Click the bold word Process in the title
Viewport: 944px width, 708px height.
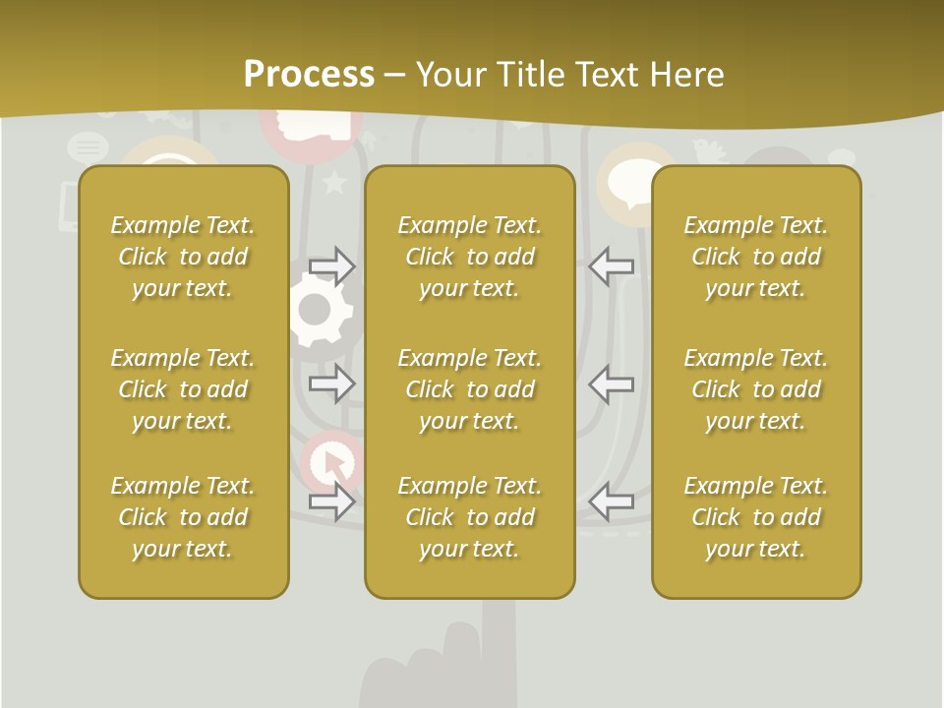pos(309,75)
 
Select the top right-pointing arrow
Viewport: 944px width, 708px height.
pos(332,266)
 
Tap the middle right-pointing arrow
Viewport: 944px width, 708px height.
pos(332,383)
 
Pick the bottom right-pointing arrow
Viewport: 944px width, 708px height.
pos(332,501)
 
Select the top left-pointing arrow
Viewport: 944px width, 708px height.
pos(611,266)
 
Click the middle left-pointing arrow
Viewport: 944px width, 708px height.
pos(611,383)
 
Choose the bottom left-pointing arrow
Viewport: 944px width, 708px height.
pos(611,501)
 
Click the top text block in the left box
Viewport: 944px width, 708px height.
pos(183,257)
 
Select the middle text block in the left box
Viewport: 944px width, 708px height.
pos(183,389)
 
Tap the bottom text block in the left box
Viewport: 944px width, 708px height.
pos(183,517)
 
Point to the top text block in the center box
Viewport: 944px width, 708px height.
pos(469,257)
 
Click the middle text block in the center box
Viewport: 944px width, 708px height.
pos(469,389)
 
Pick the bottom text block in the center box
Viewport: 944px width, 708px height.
pos(469,517)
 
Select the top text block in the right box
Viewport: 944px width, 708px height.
pos(755,257)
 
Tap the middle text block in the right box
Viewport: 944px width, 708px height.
pos(755,389)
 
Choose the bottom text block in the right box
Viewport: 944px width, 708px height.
pos(755,517)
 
